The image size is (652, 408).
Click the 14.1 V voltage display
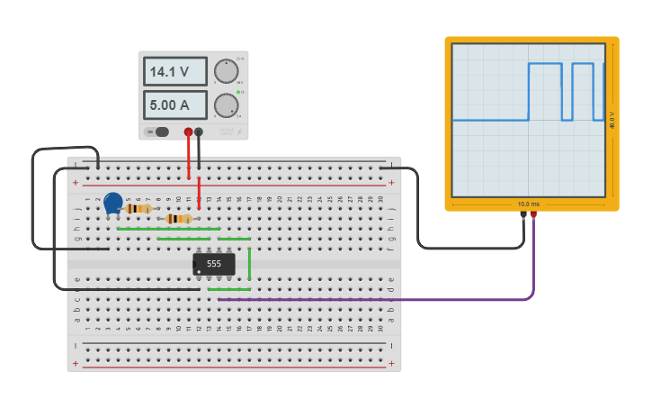pyautogui.click(x=174, y=72)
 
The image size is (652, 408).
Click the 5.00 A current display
pyautogui.click(x=174, y=104)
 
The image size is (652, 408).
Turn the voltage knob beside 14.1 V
pyautogui.click(x=226, y=72)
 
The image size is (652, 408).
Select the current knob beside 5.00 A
pyautogui.click(x=226, y=105)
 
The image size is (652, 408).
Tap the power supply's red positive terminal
pyautogui.click(x=188, y=131)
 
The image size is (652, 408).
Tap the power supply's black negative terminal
pyautogui.click(x=199, y=131)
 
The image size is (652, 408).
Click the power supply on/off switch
pyautogui.click(x=157, y=131)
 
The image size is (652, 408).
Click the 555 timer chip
pyautogui.click(x=214, y=264)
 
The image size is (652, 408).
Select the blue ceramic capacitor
pyautogui.click(x=112, y=204)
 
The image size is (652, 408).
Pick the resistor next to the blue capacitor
pyautogui.click(x=138, y=208)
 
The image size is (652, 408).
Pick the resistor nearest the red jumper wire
pyautogui.click(x=180, y=218)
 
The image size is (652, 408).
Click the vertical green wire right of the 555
pyautogui.click(x=249, y=263)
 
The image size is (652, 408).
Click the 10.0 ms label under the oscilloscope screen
pyautogui.click(x=528, y=204)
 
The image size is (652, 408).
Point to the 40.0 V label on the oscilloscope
pyautogui.click(x=612, y=120)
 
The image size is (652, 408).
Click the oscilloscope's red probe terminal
pyautogui.click(x=533, y=214)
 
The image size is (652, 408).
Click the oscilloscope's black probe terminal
pyautogui.click(x=523, y=214)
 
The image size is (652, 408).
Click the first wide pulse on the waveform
pyautogui.click(x=545, y=65)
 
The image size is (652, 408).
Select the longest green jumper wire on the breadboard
pyautogui.click(x=168, y=229)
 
